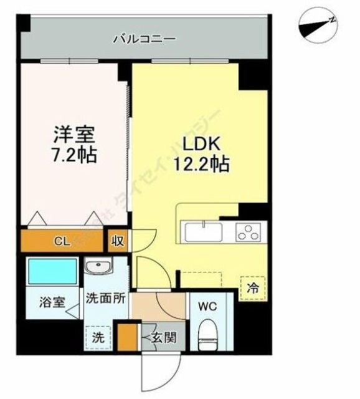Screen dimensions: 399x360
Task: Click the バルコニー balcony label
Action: [144, 39]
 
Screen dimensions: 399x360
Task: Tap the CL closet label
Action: [62, 241]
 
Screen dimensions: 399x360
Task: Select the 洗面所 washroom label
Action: [106, 298]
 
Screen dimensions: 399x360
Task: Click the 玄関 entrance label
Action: [163, 340]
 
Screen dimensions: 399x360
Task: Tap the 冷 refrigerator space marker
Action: [253, 289]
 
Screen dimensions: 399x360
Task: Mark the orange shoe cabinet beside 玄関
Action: [128, 336]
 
